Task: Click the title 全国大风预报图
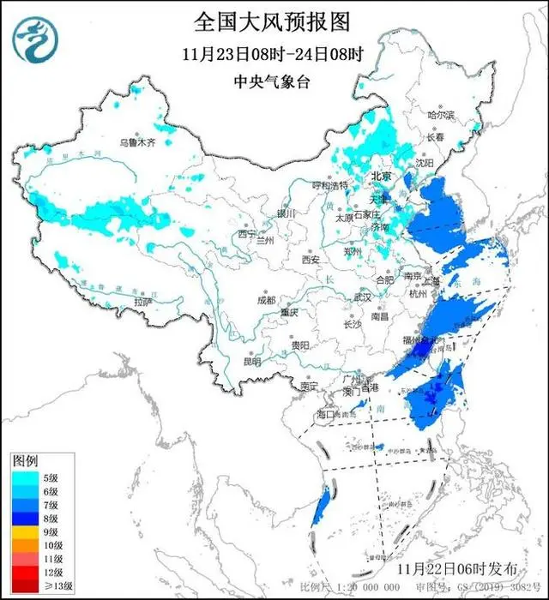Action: [274, 20]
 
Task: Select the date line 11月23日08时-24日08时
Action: [274, 53]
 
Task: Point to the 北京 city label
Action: [381, 177]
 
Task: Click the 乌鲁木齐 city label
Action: [137, 141]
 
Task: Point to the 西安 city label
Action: [310, 260]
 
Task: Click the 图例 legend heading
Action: [23, 460]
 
